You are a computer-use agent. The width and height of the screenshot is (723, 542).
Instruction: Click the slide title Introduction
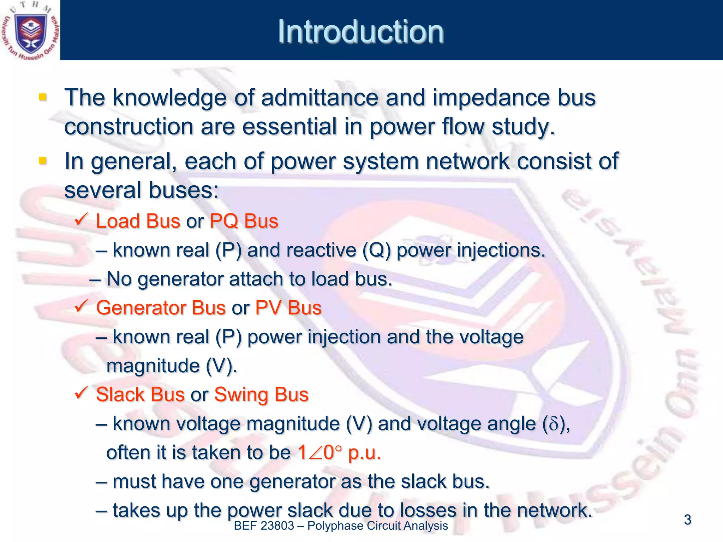click(x=360, y=32)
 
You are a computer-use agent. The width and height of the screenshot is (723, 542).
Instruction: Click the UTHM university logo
click(x=30, y=31)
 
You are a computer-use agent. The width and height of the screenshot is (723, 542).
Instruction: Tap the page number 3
click(x=687, y=520)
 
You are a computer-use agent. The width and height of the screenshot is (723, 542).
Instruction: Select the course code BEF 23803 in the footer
click(x=264, y=526)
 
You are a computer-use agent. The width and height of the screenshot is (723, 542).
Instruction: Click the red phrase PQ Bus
click(x=244, y=222)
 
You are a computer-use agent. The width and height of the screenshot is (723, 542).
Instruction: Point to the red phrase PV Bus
click(x=288, y=308)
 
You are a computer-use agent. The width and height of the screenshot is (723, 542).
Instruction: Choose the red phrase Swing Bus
click(x=261, y=395)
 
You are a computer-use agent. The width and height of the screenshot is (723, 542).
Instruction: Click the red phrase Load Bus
click(x=138, y=222)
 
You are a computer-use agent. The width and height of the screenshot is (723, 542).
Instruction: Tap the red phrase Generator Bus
click(x=161, y=308)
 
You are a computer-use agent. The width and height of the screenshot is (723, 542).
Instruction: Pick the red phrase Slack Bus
click(x=140, y=395)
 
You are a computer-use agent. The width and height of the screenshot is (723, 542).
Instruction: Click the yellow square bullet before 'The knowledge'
click(x=43, y=97)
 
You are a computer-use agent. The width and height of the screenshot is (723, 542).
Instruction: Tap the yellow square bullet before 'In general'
click(x=43, y=161)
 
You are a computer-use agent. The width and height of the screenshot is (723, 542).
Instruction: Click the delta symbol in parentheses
click(x=554, y=424)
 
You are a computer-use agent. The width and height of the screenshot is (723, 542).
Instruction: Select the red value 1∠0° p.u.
click(x=339, y=453)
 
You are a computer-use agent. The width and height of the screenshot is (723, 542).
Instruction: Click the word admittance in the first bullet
click(x=319, y=98)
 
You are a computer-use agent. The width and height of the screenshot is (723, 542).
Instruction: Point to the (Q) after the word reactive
click(x=377, y=251)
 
